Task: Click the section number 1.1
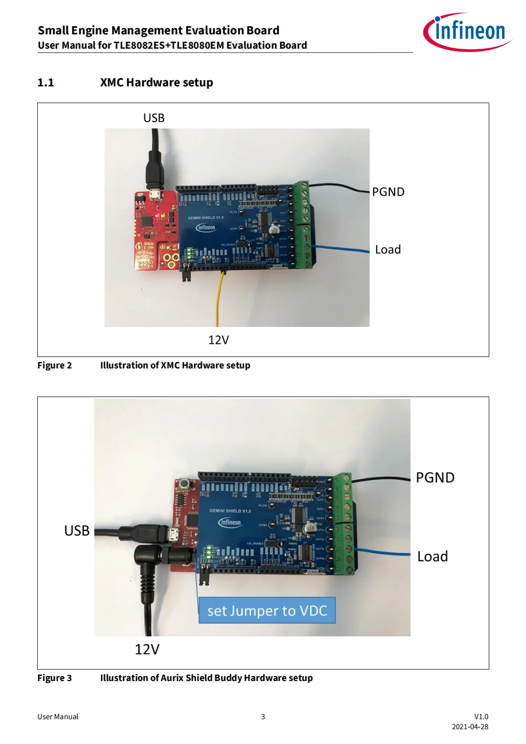(x=46, y=83)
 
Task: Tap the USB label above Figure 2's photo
(x=154, y=118)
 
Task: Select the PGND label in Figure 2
(x=388, y=192)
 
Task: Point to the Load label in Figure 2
(x=388, y=250)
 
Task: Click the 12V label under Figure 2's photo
(x=218, y=340)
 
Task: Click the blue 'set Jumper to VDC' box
(x=267, y=610)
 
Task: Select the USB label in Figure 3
(x=77, y=531)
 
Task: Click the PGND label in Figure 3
(x=435, y=478)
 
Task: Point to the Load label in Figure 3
(x=432, y=556)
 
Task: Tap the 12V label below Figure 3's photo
(x=147, y=649)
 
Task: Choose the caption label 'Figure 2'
(x=54, y=366)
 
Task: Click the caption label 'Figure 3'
(x=54, y=678)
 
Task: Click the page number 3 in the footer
(x=263, y=716)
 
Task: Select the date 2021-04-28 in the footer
(x=470, y=727)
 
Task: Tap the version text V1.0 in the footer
(x=481, y=716)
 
